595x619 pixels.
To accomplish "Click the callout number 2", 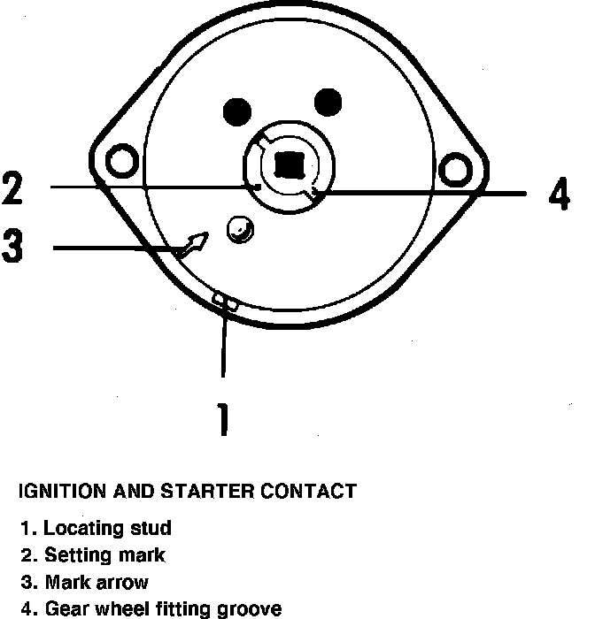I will pyautogui.click(x=12, y=187).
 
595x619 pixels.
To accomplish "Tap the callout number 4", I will pyautogui.click(x=559, y=195).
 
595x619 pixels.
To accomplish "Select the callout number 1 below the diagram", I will pyautogui.click(x=223, y=419).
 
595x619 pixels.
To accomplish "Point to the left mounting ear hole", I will pyautogui.click(x=120, y=161).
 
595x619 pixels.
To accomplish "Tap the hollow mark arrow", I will pyautogui.click(x=192, y=244).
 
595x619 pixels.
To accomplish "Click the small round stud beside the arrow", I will pyautogui.click(x=238, y=229).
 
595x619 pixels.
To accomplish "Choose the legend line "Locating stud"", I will pyautogui.click(x=97, y=529).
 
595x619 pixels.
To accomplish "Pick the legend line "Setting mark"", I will pyautogui.click(x=93, y=555).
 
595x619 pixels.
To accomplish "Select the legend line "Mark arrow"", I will pyautogui.click(x=85, y=583).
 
